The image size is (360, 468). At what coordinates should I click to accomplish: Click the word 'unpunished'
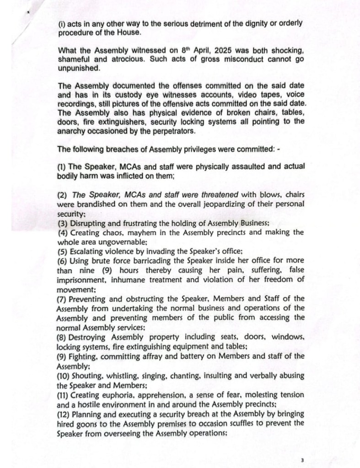coord(77,68)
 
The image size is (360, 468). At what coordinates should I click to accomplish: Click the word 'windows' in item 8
coord(288,337)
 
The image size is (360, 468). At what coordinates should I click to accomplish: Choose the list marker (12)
coord(64,414)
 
